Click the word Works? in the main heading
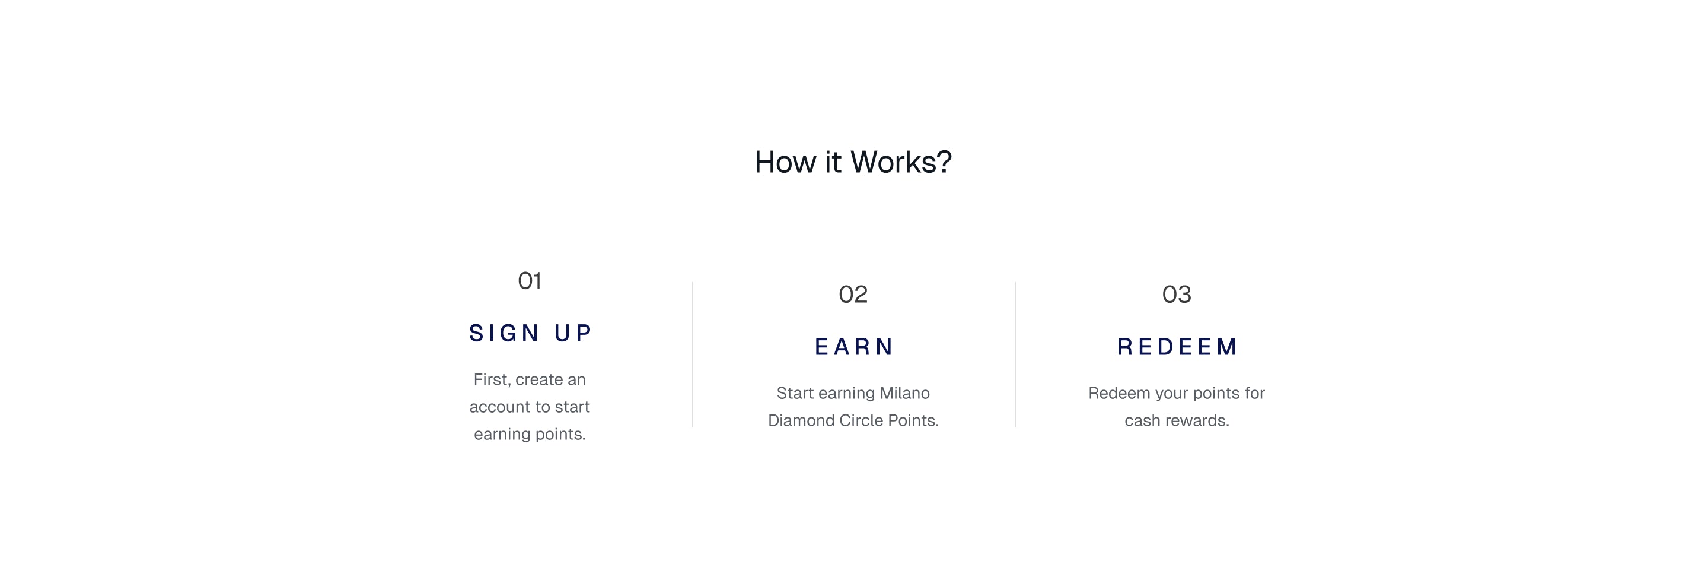(x=901, y=162)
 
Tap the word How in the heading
(x=786, y=162)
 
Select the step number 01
(x=530, y=281)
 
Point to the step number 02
(x=853, y=294)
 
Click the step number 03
(x=1177, y=294)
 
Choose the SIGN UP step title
(x=530, y=333)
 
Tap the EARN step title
(x=854, y=347)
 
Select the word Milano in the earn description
(x=904, y=394)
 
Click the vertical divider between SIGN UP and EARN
(x=692, y=354)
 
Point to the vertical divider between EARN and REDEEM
(x=1016, y=354)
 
